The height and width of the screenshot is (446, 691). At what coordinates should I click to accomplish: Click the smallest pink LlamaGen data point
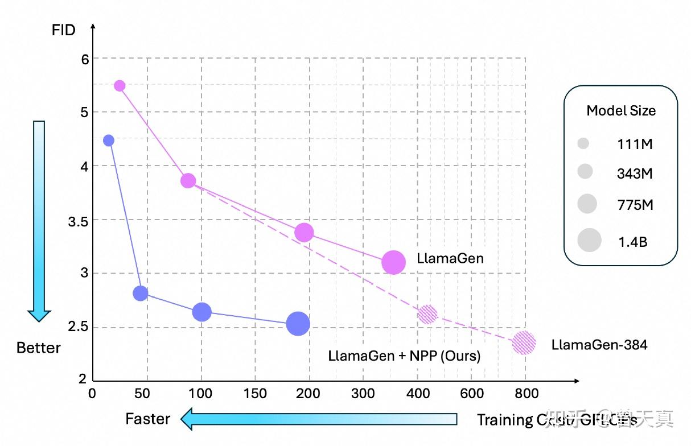click(120, 86)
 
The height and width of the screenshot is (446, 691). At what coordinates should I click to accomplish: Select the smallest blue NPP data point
click(109, 141)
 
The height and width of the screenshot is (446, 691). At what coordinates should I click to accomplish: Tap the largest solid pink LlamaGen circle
click(393, 262)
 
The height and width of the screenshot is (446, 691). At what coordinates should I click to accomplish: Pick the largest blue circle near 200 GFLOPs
click(298, 324)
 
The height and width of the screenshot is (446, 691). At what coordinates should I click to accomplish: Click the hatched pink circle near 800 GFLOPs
click(524, 343)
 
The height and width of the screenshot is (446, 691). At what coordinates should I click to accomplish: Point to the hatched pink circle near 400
click(427, 314)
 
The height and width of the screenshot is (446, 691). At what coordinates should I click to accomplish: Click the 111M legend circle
click(583, 144)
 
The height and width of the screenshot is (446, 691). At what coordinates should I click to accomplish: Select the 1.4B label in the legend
click(633, 242)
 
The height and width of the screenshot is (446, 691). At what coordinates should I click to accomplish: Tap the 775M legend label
click(635, 205)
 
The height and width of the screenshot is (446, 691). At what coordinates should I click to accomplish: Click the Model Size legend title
click(621, 111)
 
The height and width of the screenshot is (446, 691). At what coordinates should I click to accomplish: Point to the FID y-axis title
click(63, 30)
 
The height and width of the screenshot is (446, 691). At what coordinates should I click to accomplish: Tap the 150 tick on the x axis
click(255, 393)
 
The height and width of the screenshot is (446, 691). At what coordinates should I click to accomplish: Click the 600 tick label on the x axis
click(472, 393)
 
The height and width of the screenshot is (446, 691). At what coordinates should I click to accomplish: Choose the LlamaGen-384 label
click(599, 345)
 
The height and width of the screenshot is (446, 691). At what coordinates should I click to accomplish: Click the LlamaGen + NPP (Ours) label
click(404, 356)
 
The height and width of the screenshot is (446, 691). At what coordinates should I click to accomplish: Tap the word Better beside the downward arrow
click(39, 348)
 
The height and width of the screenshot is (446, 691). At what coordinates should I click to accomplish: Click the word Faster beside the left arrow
click(148, 419)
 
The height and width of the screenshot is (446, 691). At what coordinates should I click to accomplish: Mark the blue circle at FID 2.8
click(140, 294)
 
